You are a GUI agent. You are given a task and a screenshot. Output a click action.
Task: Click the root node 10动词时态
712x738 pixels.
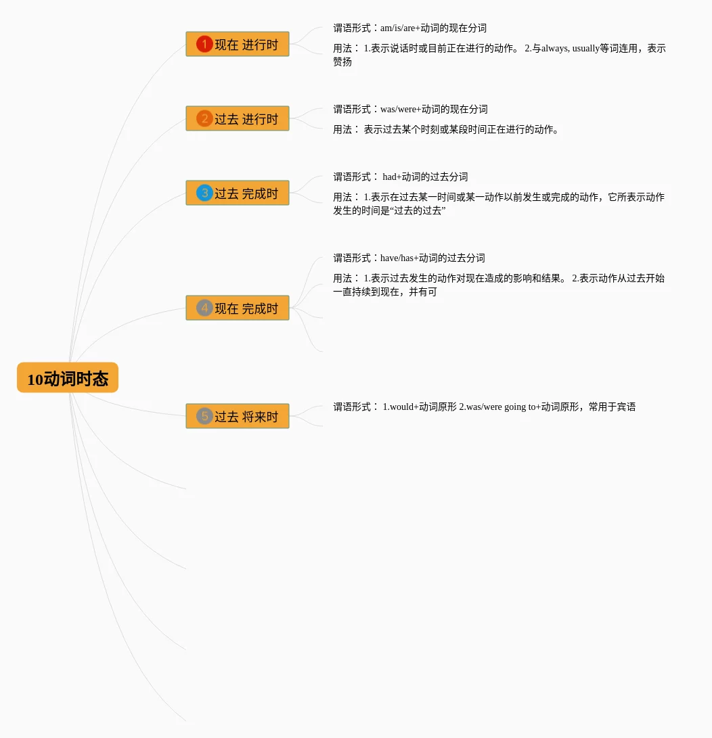coord(68,377)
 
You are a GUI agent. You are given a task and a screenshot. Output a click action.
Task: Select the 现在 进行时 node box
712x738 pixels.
coord(238,44)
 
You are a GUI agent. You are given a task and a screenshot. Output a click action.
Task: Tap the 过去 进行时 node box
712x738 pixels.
coord(238,118)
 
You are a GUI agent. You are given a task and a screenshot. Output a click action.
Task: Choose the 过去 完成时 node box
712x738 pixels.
coord(238,193)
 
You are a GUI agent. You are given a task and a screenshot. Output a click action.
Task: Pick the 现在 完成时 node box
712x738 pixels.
coord(238,308)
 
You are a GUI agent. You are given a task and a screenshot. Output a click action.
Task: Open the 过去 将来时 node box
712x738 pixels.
coord(238,416)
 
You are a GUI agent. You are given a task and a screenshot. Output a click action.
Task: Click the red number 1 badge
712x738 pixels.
coord(204,44)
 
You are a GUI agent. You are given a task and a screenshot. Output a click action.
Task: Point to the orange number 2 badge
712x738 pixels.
coord(204,118)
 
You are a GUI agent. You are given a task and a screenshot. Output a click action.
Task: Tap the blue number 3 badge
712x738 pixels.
coord(204,193)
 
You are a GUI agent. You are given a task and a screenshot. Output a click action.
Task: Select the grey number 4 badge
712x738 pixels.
coord(204,308)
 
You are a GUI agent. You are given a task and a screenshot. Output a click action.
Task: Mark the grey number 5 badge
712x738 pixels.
coord(204,416)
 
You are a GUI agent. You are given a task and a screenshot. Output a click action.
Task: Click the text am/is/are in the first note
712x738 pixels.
coord(398,28)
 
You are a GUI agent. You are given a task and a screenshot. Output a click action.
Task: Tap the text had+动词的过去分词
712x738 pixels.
coord(425,177)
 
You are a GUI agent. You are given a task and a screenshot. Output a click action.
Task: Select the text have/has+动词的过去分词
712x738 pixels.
coord(432,258)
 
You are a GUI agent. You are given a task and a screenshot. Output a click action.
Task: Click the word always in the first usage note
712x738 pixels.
coord(554,49)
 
